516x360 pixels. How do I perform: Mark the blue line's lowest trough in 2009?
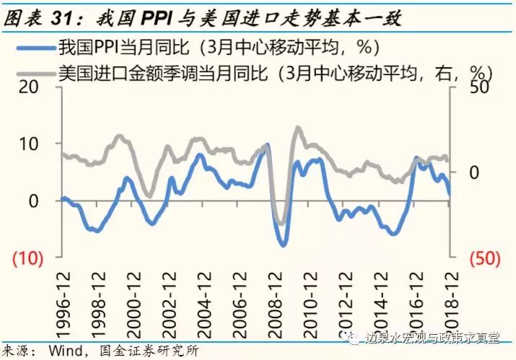click(x=283, y=245)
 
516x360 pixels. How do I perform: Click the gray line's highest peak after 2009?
click(x=297, y=128)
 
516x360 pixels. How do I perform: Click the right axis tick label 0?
click(x=472, y=172)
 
